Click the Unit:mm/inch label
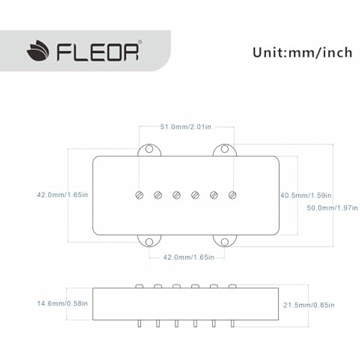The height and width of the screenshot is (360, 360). tap(302, 52)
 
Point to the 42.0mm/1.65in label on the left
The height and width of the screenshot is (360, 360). tap(63, 195)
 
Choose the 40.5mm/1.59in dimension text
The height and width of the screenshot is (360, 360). tap(306, 195)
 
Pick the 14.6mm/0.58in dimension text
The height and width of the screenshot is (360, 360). tap(63, 303)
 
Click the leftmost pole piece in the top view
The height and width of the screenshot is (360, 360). tap(139, 195)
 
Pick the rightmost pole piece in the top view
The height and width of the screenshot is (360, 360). tap(233, 195)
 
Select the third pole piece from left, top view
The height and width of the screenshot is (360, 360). tap(176, 195)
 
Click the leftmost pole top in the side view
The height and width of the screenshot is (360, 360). tap(139, 286)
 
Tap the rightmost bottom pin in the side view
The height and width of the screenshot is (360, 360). tap(233, 324)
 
